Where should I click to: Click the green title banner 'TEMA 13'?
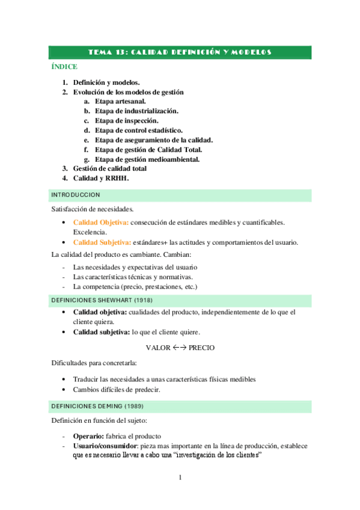pyautogui.click(x=180, y=53)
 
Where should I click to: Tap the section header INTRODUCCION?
pyautogui.click(x=76, y=195)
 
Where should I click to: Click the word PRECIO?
pyautogui.click(x=201, y=348)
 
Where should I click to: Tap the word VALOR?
pyautogui.click(x=159, y=348)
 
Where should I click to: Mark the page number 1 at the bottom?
pyautogui.click(x=180, y=478)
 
